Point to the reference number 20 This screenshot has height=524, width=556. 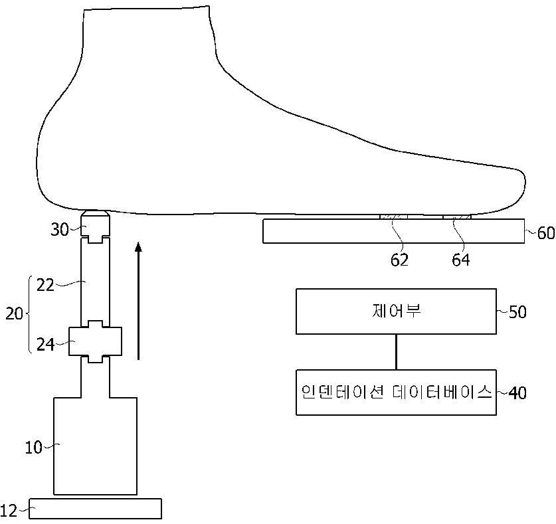click(14, 313)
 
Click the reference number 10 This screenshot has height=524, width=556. click(33, 447)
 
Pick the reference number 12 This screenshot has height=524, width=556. click(9, 510)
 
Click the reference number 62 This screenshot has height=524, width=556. click(400, 260)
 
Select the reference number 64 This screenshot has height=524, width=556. click(460, 260)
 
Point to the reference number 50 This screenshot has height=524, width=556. click(517, 311)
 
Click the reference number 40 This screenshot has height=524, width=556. click(517, 393)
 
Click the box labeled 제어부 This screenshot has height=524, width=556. click(396, 311)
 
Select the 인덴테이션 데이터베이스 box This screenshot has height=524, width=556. click(396, 393)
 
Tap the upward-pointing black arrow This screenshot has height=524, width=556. click(138, 299)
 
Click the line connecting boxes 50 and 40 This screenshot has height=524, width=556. click(396, 351)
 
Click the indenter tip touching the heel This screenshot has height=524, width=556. click(95, 217)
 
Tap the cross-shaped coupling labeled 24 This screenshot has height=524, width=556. click(96, 341)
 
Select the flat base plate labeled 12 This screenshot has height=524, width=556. click(95, 508)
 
